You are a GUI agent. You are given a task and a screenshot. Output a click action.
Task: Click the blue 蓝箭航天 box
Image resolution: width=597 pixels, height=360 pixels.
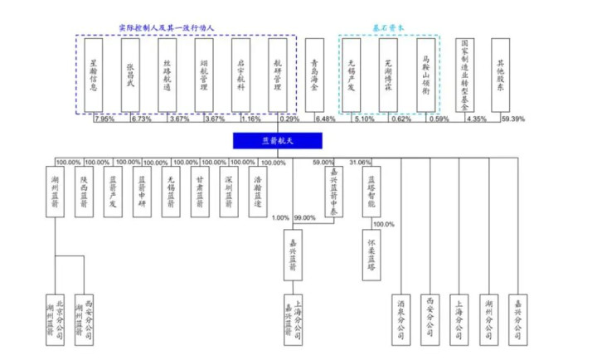[x=265, y=142]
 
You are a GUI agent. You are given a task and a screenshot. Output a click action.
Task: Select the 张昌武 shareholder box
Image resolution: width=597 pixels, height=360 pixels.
[x=130, y=75]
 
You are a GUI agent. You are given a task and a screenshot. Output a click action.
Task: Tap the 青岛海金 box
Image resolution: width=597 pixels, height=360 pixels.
[x=315, y=75]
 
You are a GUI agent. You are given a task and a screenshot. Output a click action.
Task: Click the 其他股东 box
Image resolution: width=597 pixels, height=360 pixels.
[x=501, y=75]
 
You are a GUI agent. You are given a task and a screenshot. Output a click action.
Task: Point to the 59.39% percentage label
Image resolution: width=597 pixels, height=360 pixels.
[x=512, y=119]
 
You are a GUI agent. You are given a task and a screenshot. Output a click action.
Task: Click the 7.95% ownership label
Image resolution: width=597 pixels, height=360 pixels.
[x=105, y=119]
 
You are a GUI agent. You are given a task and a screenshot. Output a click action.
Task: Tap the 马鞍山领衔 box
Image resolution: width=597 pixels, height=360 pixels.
[x=426, y=75]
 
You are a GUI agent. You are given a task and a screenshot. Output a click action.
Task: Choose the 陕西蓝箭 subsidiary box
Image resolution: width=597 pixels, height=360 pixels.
[x=85, y=192]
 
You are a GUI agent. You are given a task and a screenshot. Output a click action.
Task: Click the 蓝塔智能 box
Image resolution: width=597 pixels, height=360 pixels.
[x=371, y=192]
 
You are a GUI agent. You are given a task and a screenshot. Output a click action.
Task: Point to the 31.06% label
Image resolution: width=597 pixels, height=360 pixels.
[x=362, y=162]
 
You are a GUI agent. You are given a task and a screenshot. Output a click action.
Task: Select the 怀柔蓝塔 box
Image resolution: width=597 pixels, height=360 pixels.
[x=371, y=254]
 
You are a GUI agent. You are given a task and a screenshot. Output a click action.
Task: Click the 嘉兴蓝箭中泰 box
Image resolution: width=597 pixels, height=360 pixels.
[x=330, y=192]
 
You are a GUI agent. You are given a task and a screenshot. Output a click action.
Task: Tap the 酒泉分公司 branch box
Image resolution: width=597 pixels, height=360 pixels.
[x=402, y=319]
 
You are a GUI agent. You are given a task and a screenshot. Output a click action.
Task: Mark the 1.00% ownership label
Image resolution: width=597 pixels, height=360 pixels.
[x=282, y=217]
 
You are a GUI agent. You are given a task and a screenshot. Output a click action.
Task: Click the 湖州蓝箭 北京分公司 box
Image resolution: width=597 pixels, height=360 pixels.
[x=56, y=319]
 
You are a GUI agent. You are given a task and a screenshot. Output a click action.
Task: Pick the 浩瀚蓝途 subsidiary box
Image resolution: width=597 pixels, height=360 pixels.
[x=260, y=192]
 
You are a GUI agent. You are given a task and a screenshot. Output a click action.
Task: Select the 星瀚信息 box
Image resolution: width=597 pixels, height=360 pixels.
[x=94, y=75]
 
